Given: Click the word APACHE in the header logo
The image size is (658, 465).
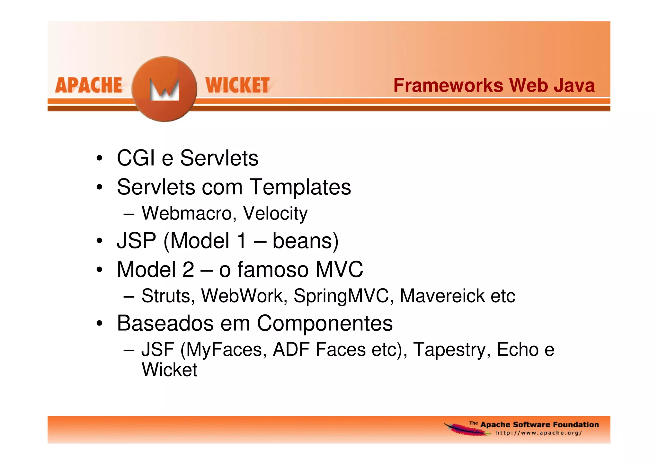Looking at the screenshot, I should [89, 85].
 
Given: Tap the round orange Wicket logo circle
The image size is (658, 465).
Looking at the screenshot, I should [164, 89].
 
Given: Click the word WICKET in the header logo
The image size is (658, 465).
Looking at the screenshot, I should [237, 85].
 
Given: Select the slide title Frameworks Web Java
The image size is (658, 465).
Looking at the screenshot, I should [494, 85].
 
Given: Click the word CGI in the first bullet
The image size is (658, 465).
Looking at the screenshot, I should [136, 158].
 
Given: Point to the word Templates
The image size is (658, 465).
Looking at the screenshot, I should [300, 187].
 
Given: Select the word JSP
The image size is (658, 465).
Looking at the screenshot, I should [137, 241].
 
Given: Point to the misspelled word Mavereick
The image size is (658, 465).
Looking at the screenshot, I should [442, 296].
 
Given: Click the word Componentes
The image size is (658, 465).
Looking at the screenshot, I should [325, 323].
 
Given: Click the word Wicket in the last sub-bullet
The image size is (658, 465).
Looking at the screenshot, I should [169, 370].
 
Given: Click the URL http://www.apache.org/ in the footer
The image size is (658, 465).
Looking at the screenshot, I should [539, 433].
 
